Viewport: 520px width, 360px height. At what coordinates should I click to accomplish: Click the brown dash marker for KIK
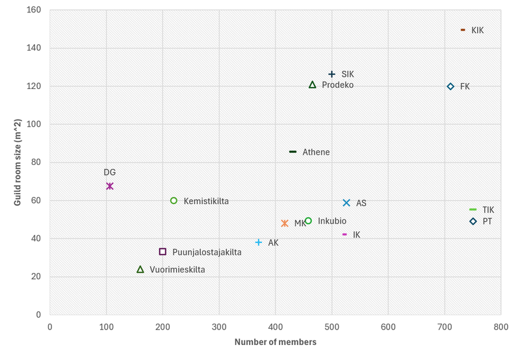tap(463, 30)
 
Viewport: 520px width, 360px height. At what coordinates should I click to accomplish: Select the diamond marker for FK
tap(450, 86)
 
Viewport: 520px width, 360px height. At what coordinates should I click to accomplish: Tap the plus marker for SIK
tap(332, 75)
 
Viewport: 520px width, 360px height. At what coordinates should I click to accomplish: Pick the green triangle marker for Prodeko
tap(312, 84)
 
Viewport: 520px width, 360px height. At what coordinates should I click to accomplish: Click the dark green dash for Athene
tap(292, 152)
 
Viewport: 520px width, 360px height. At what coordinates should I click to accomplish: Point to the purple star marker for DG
tap(110, 186)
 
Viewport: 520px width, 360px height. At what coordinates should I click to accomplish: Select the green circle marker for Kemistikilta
tap(174, 201)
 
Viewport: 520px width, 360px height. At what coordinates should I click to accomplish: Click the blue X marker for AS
tap(346, 203)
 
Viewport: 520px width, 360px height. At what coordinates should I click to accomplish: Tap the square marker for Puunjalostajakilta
tap(162, 251)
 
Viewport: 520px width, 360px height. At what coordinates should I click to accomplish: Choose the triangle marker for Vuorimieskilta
tap(140, 269)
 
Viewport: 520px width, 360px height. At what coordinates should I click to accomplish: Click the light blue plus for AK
tap(259, 242)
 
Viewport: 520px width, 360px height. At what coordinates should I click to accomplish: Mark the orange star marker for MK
tap(285, 224)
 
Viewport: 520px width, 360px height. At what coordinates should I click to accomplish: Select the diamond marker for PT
tap(473, 222)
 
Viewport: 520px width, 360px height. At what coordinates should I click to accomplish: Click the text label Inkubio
tap(332, 221)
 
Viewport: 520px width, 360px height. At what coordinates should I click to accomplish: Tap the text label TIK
tap(488, 210)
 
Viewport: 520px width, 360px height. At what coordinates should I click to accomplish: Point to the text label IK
tap(356, 235)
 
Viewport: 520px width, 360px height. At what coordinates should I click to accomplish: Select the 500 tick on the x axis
tap(331, 326)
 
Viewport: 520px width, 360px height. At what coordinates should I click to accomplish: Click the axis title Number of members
tap(275, 342)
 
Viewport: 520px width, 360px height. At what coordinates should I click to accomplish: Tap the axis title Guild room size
tap(18, 162)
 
